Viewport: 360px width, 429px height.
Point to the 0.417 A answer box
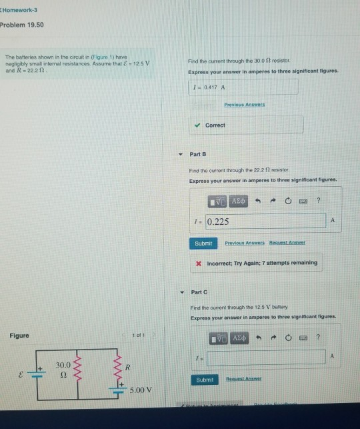click(x=243, y=87)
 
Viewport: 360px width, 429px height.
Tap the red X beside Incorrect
click(x=199, y=263)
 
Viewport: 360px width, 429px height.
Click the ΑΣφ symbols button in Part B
click(x=238, y=200)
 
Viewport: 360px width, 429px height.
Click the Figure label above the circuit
click(x=20, y=336)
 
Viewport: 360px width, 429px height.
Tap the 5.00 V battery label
click(x=143, y=390)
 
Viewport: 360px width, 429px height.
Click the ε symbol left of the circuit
click(x=19, y=376)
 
